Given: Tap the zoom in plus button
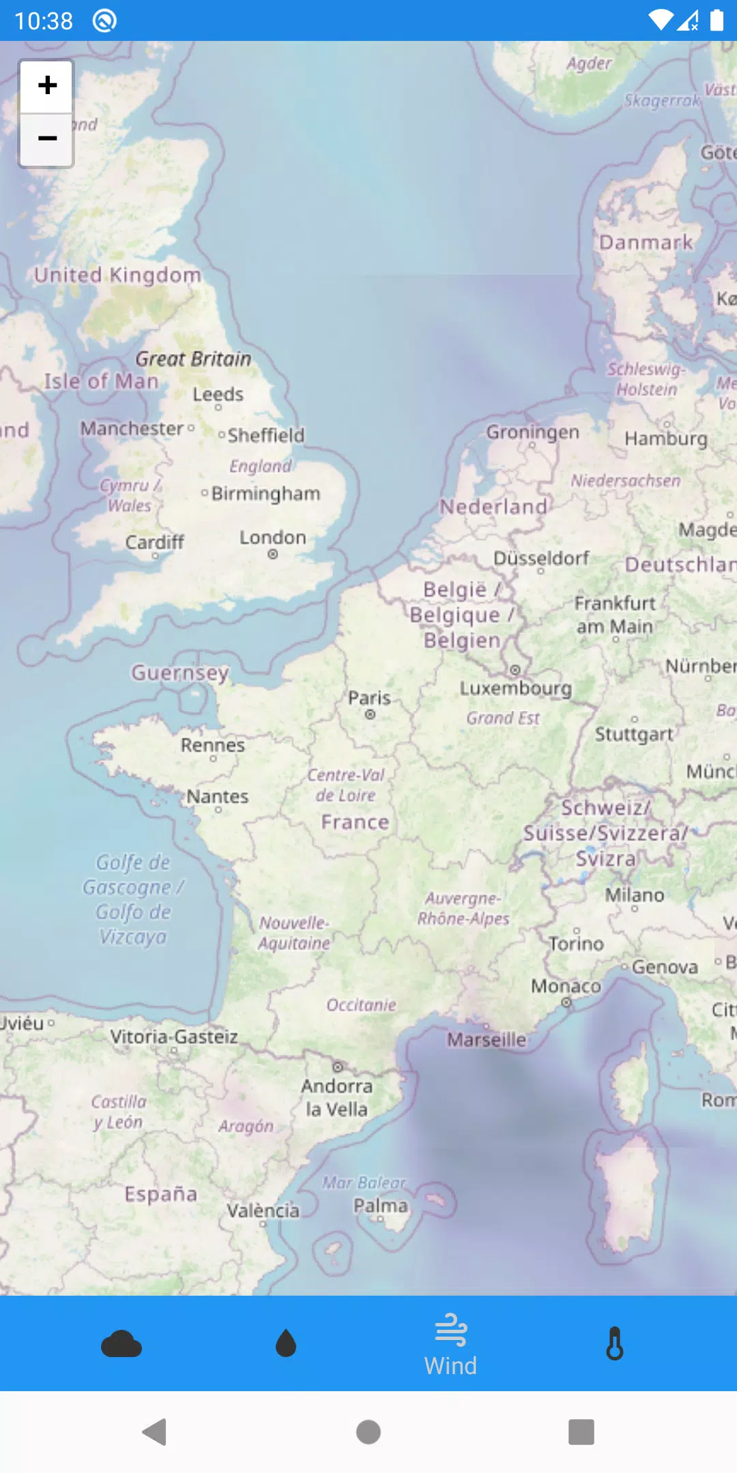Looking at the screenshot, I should tap(46, 86).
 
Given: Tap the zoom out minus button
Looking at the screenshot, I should tap(46, 139).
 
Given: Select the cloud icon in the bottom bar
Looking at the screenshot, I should tap(121, 1344).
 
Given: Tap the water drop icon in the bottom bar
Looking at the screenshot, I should tap(286, 1344).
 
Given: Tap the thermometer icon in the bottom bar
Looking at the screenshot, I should tap(615, 1344).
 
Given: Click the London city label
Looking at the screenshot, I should tap(272, 538).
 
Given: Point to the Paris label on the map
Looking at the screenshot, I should tap(369, 698).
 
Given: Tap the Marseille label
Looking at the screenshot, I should tap(487, 1039).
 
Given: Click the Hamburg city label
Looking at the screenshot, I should tap(666, 438).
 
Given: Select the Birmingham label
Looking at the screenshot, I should tap(265, 493).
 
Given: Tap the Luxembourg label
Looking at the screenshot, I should tap(515, 688).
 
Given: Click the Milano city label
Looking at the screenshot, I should tap(634, 895).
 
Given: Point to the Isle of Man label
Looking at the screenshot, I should tap(101, 381).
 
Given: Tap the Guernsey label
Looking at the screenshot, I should tap(180, 672).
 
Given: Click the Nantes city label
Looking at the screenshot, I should tap(218, 797).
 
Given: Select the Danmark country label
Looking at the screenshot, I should tap(646, 243).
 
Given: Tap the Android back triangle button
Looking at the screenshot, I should tap(155, 1432).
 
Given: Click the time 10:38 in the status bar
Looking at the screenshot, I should tap(44, 21).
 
